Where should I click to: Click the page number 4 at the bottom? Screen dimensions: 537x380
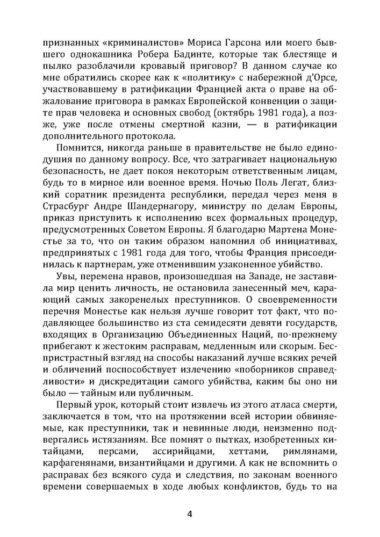(x=190, y=513)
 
